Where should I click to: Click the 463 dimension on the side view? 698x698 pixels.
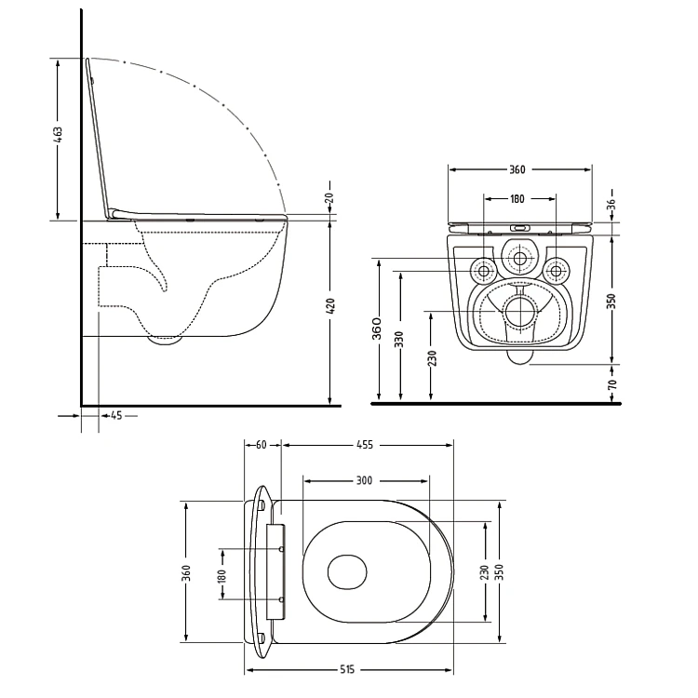point(58,135)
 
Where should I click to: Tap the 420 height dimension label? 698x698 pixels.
point(330,306)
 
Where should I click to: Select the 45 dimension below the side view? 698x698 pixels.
point(116,416)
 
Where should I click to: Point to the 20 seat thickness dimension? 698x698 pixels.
point(329,196)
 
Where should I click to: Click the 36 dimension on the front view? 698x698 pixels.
point(612,204)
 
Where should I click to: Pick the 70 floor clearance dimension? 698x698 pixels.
point(612,384)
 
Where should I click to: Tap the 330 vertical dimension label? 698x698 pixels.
point(400,340)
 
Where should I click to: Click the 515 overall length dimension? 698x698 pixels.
point(347,669)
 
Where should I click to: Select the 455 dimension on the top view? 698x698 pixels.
point(365,445)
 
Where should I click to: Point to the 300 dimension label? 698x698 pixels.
point(364,480)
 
